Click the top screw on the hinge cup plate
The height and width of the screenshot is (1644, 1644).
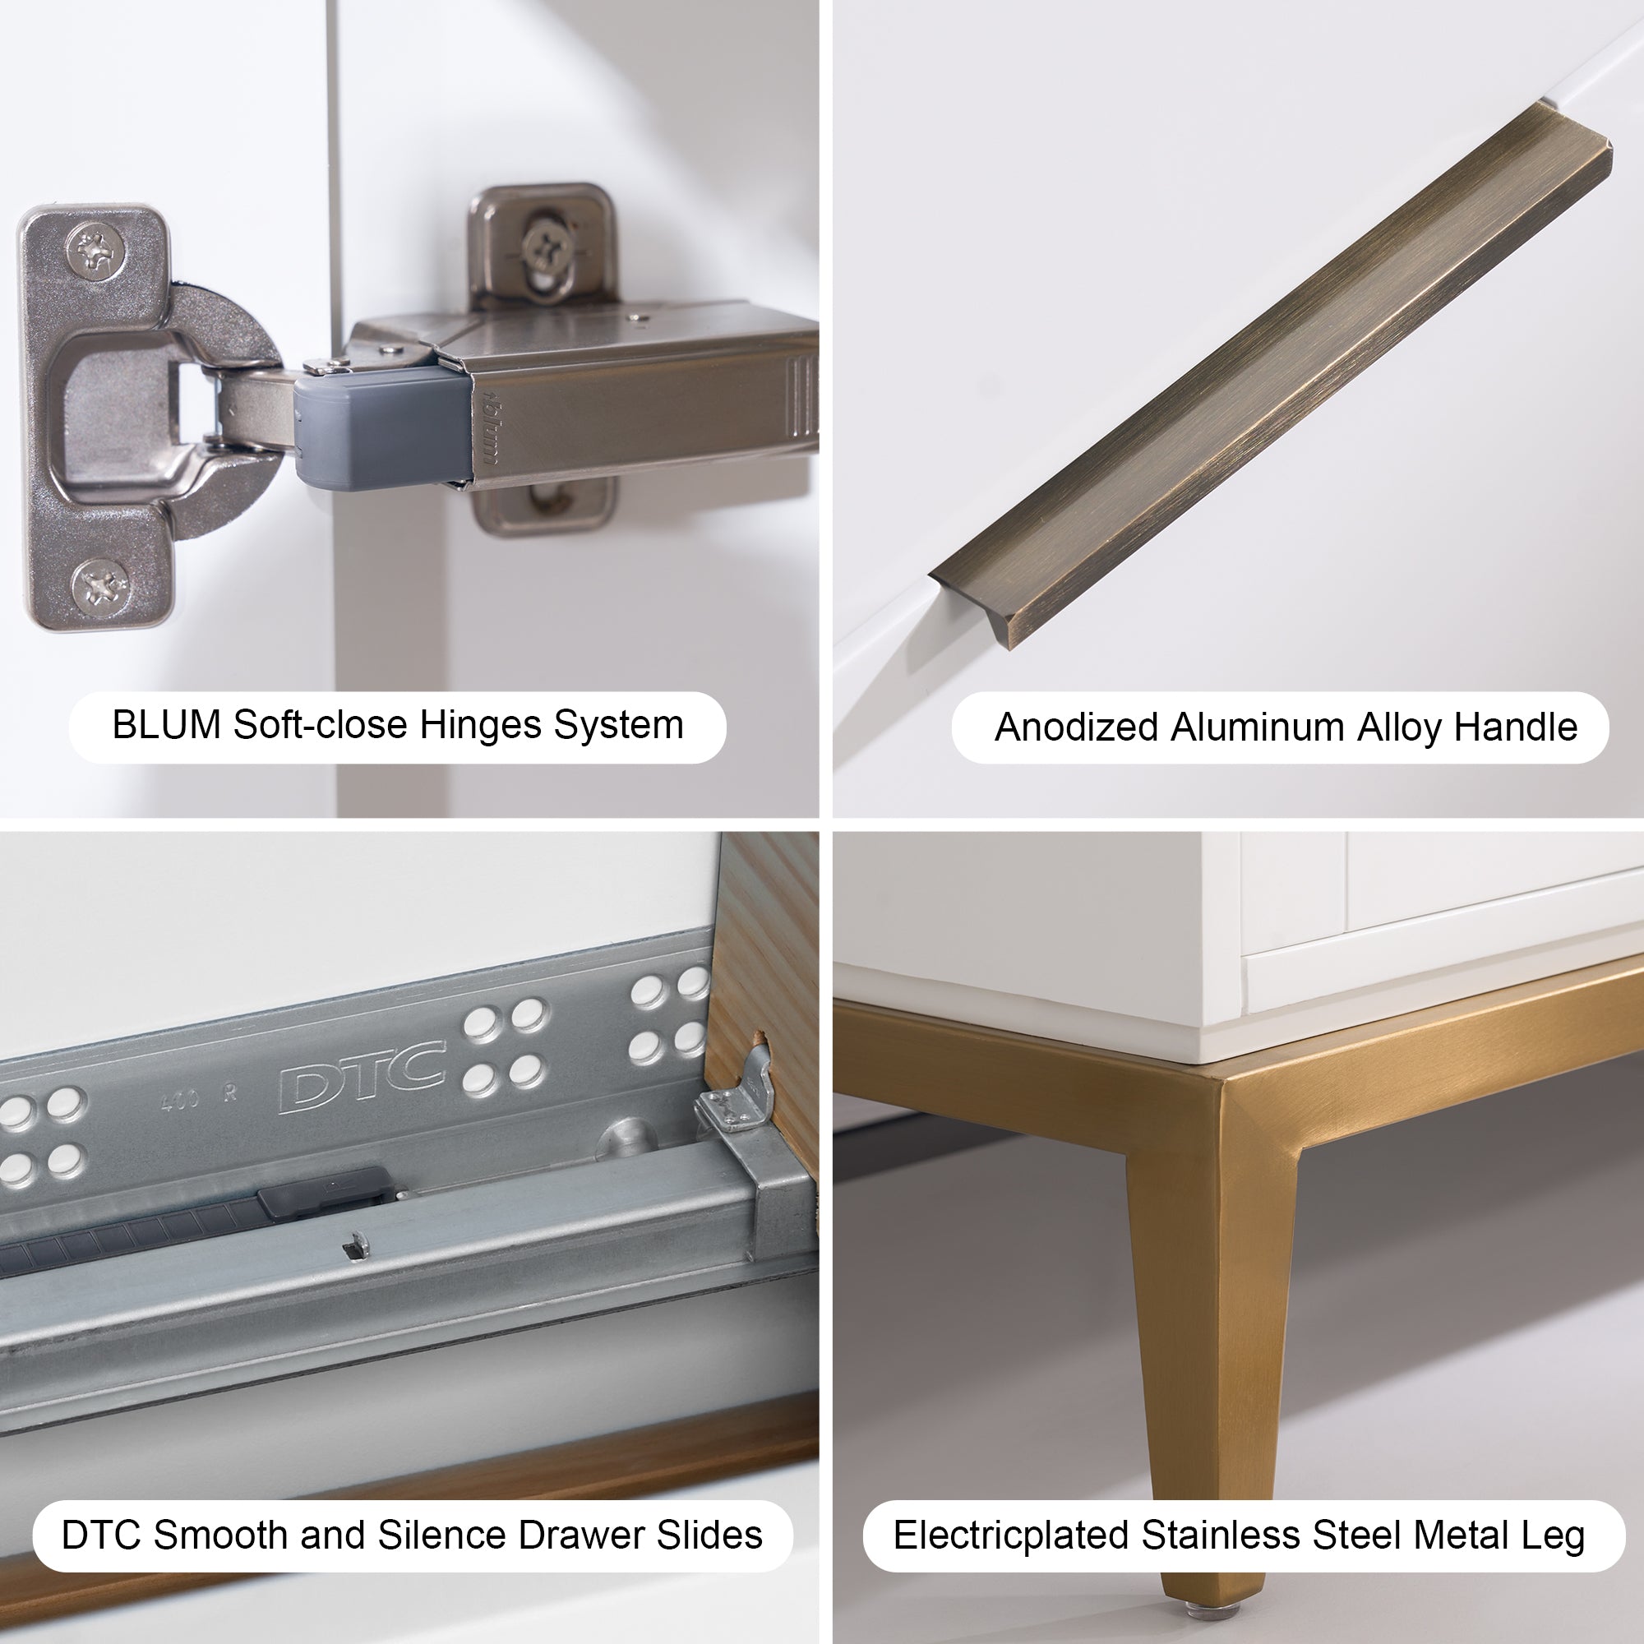[95, 250]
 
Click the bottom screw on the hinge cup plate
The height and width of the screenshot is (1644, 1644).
[100, 586]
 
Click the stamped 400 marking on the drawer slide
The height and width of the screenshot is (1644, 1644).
[180, 1101]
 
